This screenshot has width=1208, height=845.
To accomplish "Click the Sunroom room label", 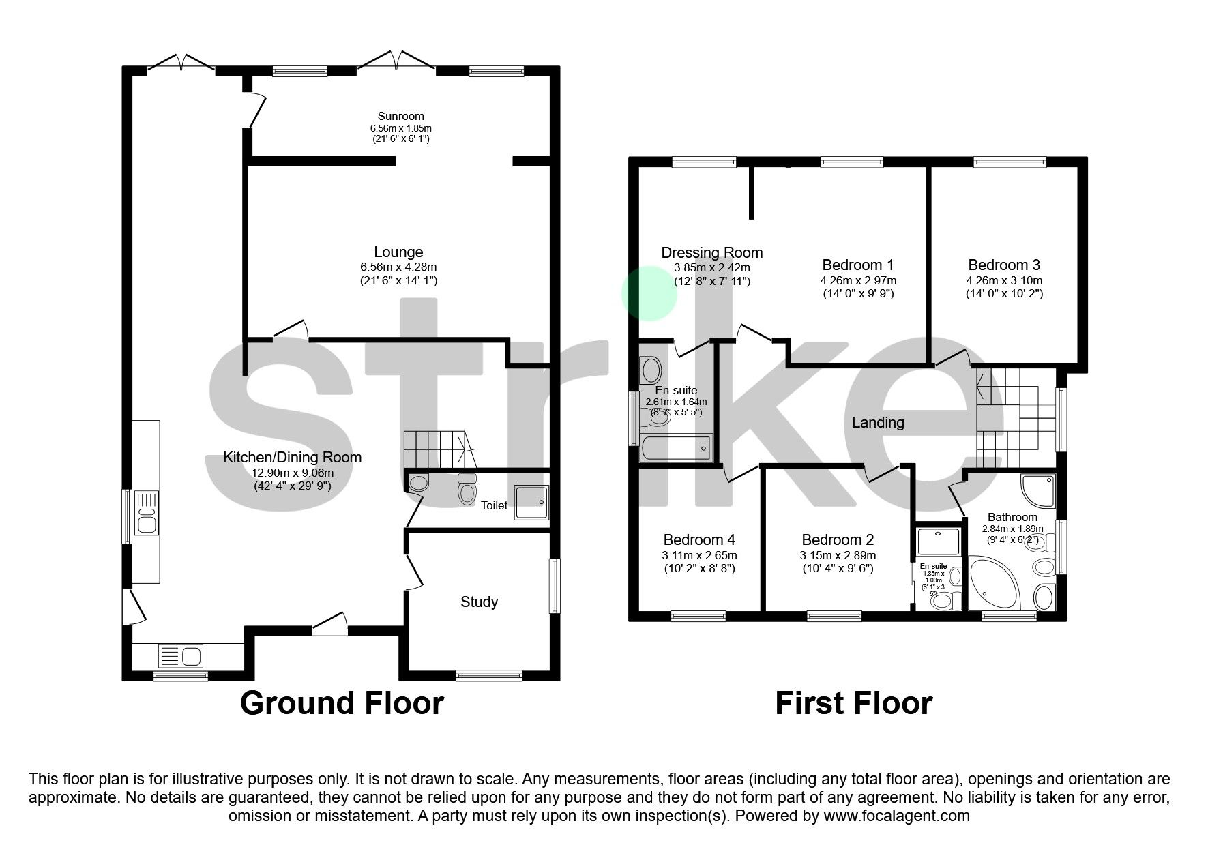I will point(400,117).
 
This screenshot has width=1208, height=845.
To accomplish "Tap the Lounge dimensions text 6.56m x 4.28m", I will point(398,267).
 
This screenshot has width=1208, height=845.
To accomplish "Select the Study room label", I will point(479,602).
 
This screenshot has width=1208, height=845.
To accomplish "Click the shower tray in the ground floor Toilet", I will point(531,503).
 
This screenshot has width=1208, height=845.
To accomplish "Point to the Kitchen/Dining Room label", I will point(292,458).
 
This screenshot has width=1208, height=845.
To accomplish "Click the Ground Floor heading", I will point(342,703).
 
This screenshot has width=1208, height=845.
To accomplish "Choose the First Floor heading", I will point(853,703).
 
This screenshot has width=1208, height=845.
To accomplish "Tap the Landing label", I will point(878,423).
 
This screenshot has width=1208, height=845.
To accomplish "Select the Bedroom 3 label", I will point(1003,265).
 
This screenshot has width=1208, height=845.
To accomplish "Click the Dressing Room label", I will point(711,253).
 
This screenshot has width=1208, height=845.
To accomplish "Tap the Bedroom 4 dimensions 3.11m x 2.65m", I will point(699,555).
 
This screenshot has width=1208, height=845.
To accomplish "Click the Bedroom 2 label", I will point(838,540).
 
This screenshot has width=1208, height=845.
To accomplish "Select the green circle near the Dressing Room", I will point(649,293).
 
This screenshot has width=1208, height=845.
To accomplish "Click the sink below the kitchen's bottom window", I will point(181,656).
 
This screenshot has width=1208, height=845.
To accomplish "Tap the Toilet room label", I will point(494,505).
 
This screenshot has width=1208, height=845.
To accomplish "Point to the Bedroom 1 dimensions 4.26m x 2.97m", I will point(857,280).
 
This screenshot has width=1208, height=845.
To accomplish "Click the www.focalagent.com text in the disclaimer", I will point(896,816).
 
